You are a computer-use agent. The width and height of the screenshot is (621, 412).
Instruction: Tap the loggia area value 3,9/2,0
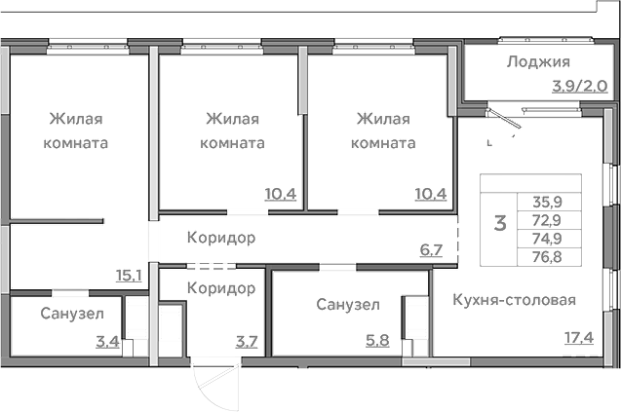(x=579, y=86)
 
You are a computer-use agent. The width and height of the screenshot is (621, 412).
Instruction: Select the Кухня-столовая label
(x=514, y=300)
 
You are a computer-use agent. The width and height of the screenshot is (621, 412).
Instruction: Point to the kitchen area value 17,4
(x=578, y=338)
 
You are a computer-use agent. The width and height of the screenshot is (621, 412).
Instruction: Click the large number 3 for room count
(x=500, y=223)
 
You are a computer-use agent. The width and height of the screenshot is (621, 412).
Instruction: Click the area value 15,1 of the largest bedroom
(x=129, y=276)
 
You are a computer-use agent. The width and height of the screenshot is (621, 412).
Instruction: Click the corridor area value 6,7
(x=431, y=249)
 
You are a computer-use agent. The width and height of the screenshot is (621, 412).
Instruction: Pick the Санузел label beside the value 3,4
(x=67, y=314)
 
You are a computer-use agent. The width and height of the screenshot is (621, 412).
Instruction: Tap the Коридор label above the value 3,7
(x=222, y=287)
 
